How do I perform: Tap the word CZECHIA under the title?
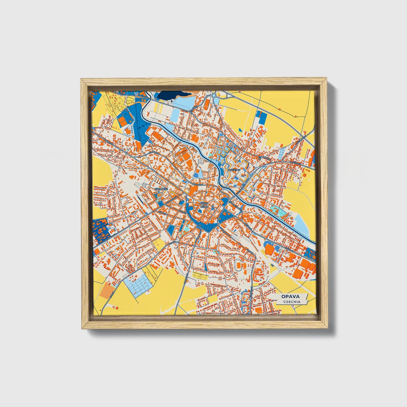[292, 302]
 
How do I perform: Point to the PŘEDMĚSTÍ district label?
[161, 189]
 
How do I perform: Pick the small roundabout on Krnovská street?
[127, 153]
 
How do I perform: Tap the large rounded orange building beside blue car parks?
[270, 249]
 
